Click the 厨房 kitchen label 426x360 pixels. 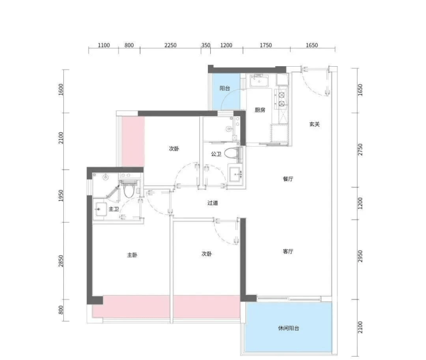[x=260, y=110]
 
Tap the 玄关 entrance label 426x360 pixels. [x=314, y=124]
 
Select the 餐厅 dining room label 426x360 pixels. [x=288, y=179]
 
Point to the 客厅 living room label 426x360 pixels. [x=288, y=251]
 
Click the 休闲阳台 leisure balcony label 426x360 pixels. [x=288, y=328]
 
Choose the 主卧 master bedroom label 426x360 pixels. [x=132, y=255]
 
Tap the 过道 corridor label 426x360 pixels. [x=212, y=203]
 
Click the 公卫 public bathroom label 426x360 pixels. [x=216, y=154]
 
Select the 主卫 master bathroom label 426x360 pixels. [x=113, y=209]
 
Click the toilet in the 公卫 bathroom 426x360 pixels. [x=233, y=153]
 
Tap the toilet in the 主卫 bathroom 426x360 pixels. [x=128, y=189]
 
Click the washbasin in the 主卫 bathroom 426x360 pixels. [x=100, y=209]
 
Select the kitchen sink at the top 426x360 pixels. [x=259, y=81]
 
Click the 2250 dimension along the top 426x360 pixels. [x=170, y=45]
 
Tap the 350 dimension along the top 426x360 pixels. [x=206, y=45]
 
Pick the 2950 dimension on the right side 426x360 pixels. [x=360, y=256]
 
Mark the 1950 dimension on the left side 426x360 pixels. [x=60, y=196]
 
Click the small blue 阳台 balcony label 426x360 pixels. [x=225, y=88]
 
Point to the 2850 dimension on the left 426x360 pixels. [x=60, y=261]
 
